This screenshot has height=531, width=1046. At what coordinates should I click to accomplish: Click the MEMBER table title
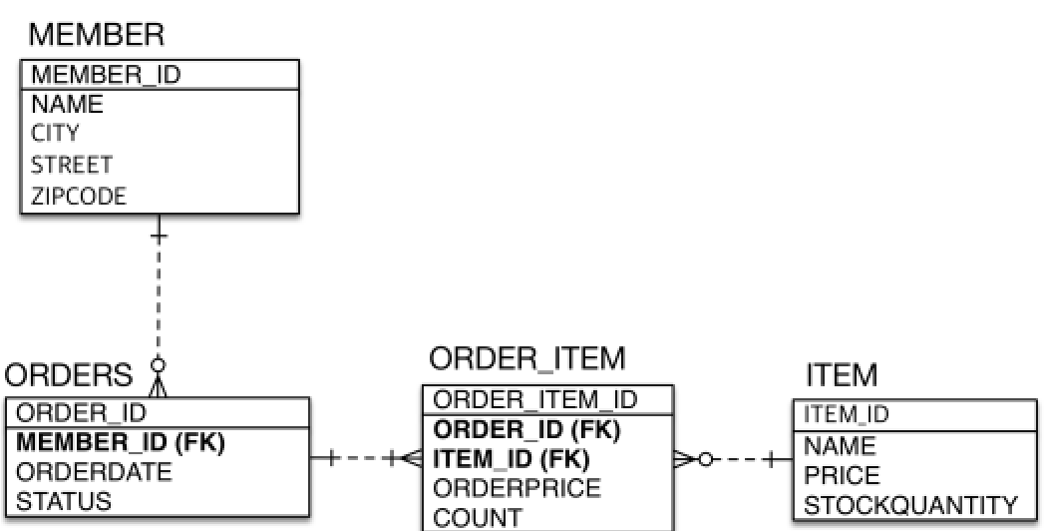pyautogui.click(x=96, y=36)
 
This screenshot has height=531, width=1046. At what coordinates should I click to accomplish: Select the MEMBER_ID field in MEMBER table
pyautogui.click(x=107, y=75)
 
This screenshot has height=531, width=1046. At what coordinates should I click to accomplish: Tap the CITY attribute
pyautogui.click(x=56, y=133)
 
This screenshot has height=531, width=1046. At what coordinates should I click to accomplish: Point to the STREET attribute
pyautogui.click(x=72, y=164)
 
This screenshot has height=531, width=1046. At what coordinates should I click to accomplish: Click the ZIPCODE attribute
pyautogui.click(x=79, y=196)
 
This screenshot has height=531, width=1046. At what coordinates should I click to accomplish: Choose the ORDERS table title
pyautogui.click(x=69, y=375)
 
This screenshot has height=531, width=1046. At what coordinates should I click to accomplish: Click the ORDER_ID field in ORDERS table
pyautogui.click(x=82, y=412)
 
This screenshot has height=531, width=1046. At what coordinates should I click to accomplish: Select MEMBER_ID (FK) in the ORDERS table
pyautogui.click(x=121, y=441)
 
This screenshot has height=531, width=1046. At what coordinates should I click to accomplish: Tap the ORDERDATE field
pyautogui.click(x=95, y=470)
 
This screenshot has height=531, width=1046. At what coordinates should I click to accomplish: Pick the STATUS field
pyautogui.click(x=65, y=500)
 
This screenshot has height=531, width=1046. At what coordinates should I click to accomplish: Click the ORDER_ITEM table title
pyautogui.click(x=527, y=358)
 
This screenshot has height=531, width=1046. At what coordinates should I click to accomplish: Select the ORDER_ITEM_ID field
pyautogui.click(x=535, y=400)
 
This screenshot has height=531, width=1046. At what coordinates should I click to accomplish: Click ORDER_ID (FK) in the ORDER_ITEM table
pyautogui.click(x=526, y=430)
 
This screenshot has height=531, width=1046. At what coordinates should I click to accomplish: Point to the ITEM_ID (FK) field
pyautogui.click(x=512, y=459)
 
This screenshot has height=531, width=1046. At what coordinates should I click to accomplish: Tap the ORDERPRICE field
pyautogui.click(x=518, y=488)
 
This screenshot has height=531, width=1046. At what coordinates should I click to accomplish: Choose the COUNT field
pyautogui.click(x=478, y=517)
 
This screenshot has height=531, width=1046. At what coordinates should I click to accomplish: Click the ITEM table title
pyautogui.click(x=842, y=375)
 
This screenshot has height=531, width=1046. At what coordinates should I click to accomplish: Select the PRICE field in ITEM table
pyautogui.click(x=843, y=475)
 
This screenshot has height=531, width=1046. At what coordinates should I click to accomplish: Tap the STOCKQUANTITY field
pyautogui.click(x=910, y=505)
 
